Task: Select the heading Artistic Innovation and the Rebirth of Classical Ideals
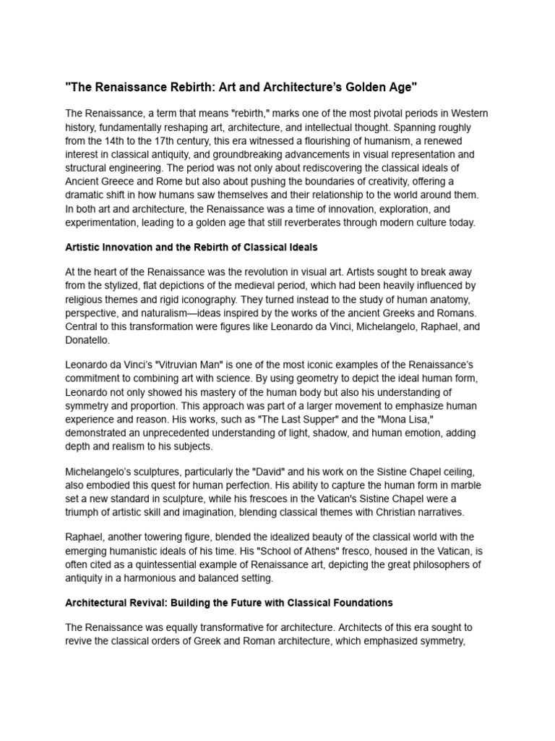(192, 247)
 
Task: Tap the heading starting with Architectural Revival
(229, 602)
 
